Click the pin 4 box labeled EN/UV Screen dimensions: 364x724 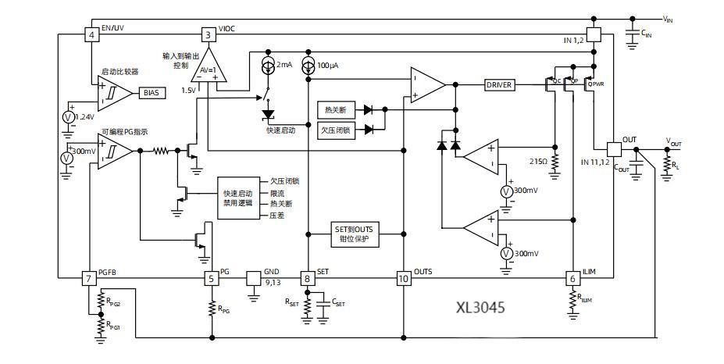91,35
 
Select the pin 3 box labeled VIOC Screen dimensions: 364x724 208,35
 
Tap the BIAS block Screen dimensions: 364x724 151,93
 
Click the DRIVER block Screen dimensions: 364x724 500,84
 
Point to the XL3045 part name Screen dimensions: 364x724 480,307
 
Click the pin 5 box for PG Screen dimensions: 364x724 211,277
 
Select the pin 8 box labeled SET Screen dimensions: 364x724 308,277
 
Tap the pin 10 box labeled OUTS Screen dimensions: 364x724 403,277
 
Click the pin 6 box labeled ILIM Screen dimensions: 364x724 572,277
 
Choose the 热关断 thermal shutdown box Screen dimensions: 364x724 336,109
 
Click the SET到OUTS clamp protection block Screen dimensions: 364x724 356,234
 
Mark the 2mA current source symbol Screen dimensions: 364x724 269,64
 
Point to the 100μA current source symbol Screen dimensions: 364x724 308,64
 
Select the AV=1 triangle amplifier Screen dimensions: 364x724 207,70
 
